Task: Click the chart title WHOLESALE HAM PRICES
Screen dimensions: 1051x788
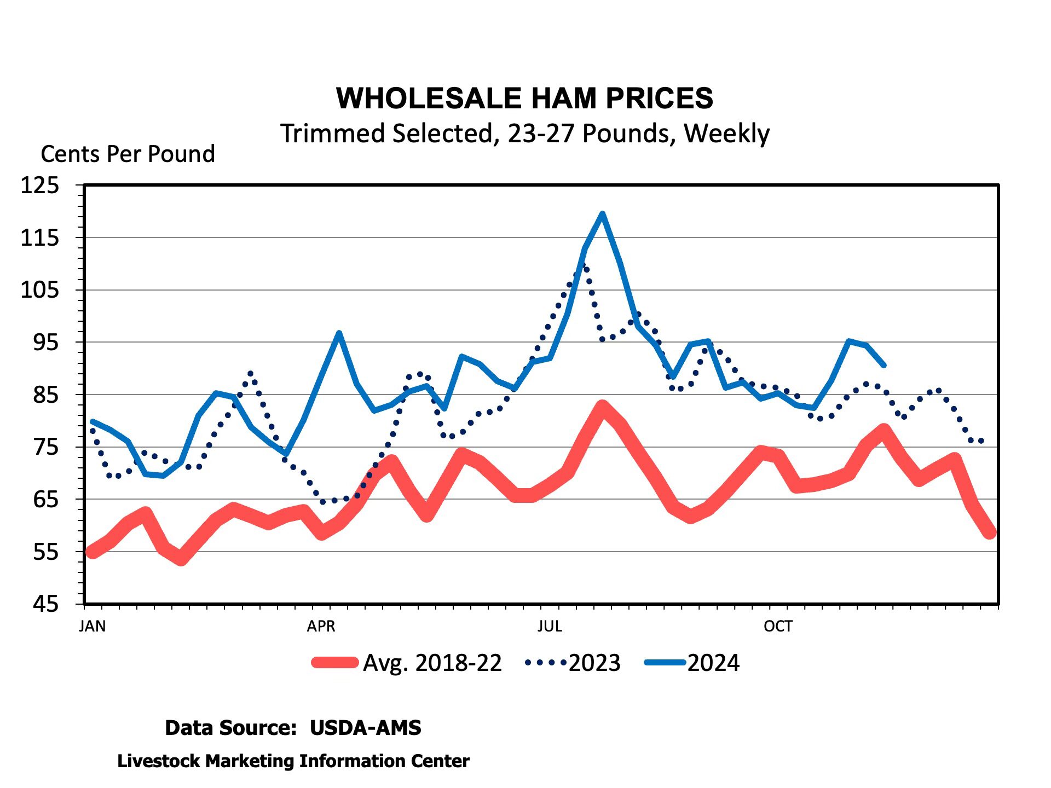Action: click(524, 99)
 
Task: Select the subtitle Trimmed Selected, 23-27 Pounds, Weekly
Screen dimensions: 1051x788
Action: click(525, 134)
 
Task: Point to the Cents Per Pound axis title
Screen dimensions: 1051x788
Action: click(128, 154)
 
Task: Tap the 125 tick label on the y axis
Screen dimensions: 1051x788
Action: click(39, 186)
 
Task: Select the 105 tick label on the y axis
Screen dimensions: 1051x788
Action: click(39, 289)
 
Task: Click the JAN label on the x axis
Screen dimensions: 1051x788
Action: click(92, 626)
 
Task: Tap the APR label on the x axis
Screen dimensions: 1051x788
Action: click(321, 626)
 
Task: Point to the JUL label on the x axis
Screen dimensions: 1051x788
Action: click(550, 626)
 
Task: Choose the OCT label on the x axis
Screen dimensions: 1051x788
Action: click(778, 626)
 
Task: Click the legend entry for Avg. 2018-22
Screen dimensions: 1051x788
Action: click(407, 663)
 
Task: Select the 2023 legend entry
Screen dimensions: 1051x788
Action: click(573, 663)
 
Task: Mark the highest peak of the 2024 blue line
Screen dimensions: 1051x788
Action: click(602, 214)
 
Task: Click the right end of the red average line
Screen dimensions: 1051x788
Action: click(990, 532)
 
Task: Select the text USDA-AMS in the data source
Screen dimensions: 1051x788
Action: click(366, 728)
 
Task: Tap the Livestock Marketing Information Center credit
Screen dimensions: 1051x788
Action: click(293, 761)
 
